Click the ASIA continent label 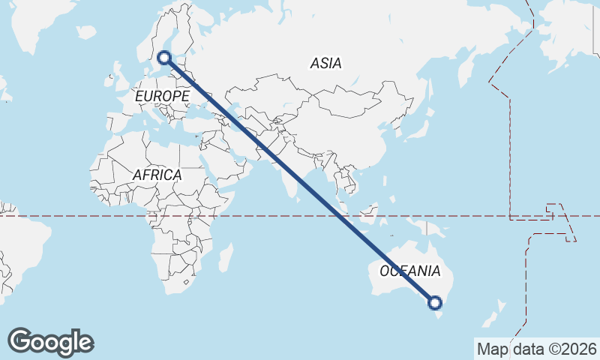(325, 64)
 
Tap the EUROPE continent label (162, 97)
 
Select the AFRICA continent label (157, 175)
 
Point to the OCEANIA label (410, 271)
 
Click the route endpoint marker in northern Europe (164, 57)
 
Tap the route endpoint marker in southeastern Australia (435, 303)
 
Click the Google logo (50, 342)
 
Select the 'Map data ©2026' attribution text (536, 349)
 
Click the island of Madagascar (225, 259)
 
